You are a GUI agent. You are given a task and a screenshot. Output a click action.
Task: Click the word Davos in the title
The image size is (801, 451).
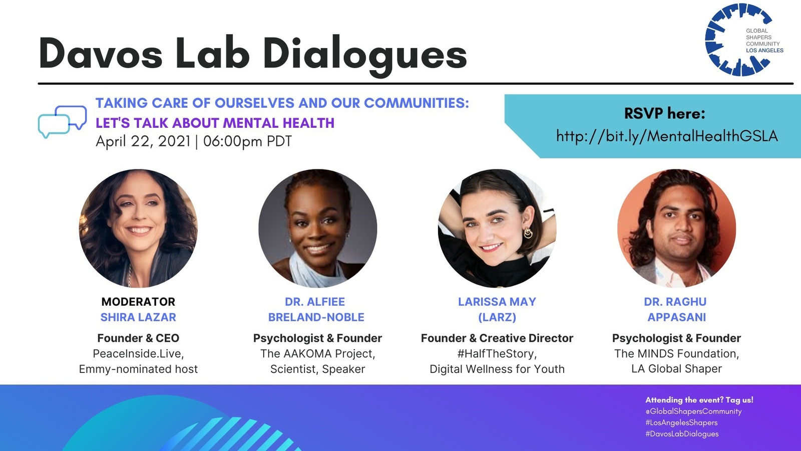[x=101, y=54]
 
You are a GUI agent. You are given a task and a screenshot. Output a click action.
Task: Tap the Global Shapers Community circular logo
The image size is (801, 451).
[x=738, y=40]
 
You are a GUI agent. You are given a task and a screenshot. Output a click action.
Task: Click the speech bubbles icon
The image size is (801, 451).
[x=62, y=121]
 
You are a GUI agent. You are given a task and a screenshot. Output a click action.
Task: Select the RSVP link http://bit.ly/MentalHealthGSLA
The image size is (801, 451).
[x=667, y=136]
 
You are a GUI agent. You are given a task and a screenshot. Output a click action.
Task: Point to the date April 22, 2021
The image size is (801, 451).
[x=143, y=141]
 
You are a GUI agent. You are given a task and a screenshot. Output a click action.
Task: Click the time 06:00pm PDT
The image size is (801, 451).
[x=247, y=141]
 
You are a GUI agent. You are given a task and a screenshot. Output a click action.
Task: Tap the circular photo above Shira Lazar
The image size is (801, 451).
[x=138, y=229]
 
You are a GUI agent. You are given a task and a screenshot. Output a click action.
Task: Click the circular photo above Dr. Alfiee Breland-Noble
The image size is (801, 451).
[x=317, y=229]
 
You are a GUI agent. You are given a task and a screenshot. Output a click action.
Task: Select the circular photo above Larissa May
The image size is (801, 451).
[x=497, y=229]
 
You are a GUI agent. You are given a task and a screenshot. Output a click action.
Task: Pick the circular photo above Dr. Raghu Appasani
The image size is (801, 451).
[x=676, y=229]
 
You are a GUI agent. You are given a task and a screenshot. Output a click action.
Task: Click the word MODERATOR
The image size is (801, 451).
[x=138, y=302]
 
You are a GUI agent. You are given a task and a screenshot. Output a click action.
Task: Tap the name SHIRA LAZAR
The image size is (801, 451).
[x=138, y=317]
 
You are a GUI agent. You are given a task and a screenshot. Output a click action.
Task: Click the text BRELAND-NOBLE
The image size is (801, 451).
[x=316, y=317]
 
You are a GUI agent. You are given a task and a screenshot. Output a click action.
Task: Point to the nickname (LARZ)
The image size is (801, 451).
[x=497, y=317]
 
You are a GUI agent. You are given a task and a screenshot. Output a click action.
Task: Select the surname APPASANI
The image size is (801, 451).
[x=676, y=317]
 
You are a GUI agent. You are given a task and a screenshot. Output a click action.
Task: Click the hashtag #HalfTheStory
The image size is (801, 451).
[x=497, y=354]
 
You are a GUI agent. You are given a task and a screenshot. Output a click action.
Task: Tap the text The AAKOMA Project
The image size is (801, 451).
[x=317, y=354]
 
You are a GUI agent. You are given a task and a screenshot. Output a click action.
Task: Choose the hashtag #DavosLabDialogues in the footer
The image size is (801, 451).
[x=682, y=434]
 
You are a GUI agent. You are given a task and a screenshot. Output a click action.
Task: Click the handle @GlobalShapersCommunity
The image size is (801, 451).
[x=693, y=411]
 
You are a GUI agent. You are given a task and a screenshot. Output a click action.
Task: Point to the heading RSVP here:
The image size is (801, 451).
[x=664, y=114]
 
